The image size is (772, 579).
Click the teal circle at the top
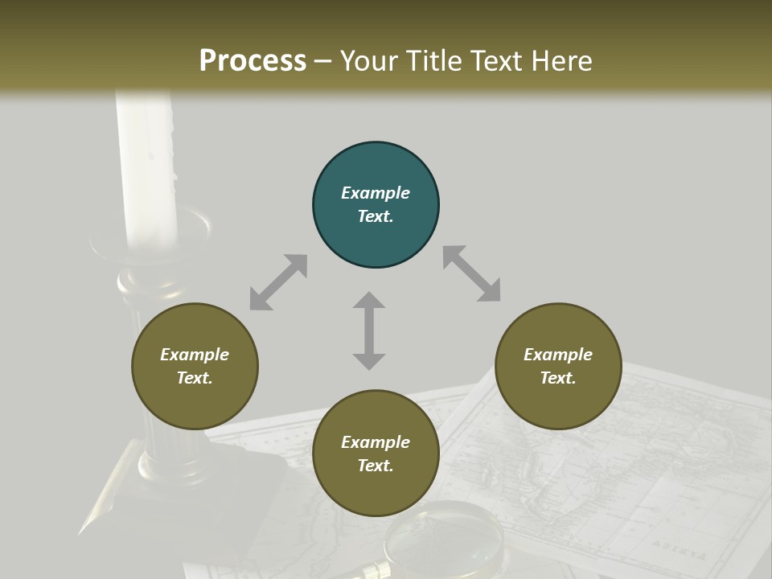[x=376, y=205]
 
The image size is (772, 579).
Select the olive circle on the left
[x=195, y=367]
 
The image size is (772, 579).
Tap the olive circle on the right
[x=557, y=367]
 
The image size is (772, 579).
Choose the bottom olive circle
[x=376, y=454]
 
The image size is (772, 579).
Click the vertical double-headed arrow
[x=369, y=331]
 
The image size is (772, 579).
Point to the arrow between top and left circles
[x=278, y=282]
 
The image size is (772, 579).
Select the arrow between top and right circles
[x=471, y=274]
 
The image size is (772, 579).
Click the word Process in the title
[x=253, y=60]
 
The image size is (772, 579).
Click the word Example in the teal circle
[x=376, y=193]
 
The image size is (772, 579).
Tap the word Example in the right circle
[x=557, y=355]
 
